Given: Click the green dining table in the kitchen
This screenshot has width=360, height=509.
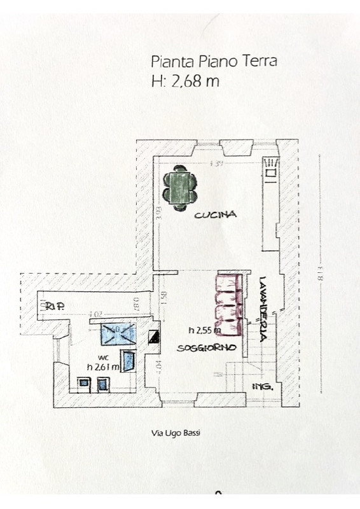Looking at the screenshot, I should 178,187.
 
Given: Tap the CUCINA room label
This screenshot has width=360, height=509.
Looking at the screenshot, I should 216,215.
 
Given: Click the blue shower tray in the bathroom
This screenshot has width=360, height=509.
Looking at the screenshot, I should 118,331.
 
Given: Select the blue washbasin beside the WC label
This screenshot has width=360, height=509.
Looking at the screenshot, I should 129,361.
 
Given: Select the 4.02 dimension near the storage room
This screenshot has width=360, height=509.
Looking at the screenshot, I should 95,314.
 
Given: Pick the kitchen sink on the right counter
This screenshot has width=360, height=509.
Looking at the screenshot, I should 272,172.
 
